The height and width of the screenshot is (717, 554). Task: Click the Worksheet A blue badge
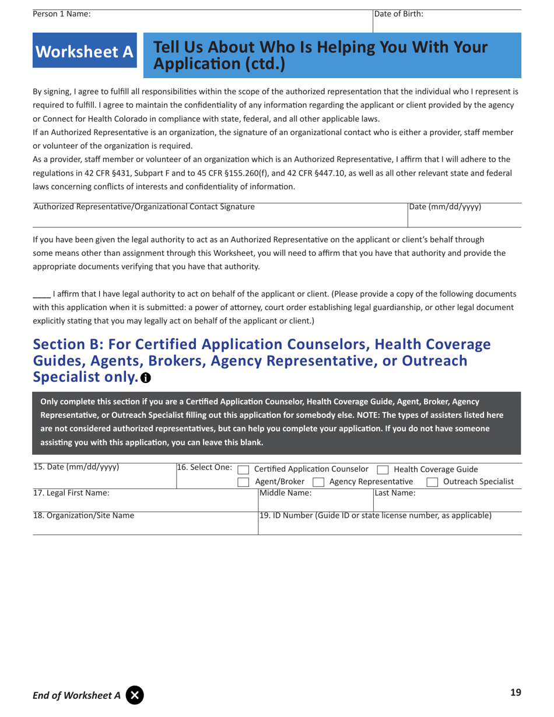coord(85,52)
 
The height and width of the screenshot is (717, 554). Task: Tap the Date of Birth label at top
coord(399,14)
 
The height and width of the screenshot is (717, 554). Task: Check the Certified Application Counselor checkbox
coord(244,470)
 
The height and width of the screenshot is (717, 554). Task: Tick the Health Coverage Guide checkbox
coord(383,470)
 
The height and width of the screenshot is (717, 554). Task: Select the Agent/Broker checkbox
coord(244,482)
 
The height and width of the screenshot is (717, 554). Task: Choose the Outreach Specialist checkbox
coord(432,482)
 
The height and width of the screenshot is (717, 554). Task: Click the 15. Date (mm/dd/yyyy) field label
coord(76,468)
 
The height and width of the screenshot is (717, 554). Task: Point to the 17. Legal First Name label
coord(71,493)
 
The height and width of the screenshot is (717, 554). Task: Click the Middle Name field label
coord(286,493)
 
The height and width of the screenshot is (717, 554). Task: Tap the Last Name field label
coord(395,493)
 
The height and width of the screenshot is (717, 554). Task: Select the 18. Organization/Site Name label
coord(83,516)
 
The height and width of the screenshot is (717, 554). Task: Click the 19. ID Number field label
coord(375,516)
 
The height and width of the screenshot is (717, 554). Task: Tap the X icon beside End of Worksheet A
coord(134,695)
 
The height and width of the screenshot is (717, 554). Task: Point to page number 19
coord(515,693)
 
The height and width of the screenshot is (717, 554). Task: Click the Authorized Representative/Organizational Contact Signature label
coord(144,207)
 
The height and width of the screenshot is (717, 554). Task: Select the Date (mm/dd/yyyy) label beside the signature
coord(445,207)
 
